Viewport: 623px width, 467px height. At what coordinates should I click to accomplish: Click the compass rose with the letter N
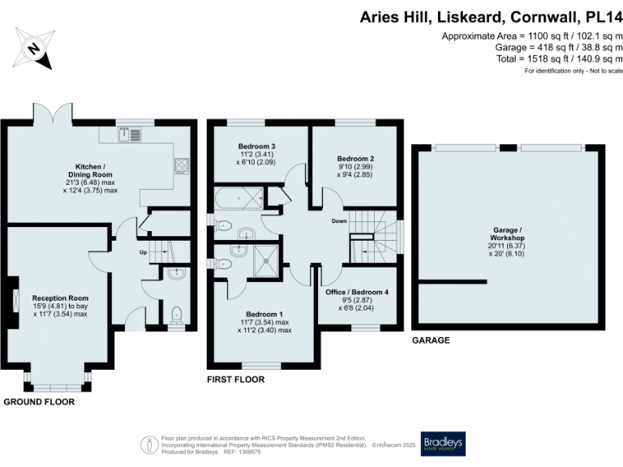coord(32,48)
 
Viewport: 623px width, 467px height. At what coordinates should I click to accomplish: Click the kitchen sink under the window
coord(129,135)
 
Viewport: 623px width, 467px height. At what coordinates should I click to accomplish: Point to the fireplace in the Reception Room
coord(16,300)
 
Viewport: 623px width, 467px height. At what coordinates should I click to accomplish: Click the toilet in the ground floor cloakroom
coord(177,313)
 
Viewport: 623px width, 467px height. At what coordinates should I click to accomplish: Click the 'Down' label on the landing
coord(340,221)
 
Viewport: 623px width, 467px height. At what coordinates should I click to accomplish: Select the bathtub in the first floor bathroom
coord(241,198)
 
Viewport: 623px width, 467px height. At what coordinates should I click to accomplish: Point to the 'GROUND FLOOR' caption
coord(39,401)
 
